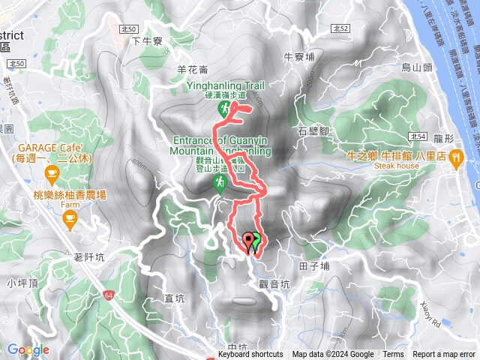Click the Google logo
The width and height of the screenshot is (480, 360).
tap(28, 349)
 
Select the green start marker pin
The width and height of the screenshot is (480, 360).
tap(256, 241)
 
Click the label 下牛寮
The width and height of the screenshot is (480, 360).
tap(146, 40)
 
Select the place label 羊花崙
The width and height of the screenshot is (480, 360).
tap(191, 69)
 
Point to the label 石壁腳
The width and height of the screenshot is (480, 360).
tap(314, 130)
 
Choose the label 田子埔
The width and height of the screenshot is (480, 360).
tap(314, 265)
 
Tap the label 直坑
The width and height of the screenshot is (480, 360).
tap(175, 298)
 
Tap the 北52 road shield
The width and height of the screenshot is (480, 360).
tap(340, 28)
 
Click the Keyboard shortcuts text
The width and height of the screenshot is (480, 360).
tap(250, 355)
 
